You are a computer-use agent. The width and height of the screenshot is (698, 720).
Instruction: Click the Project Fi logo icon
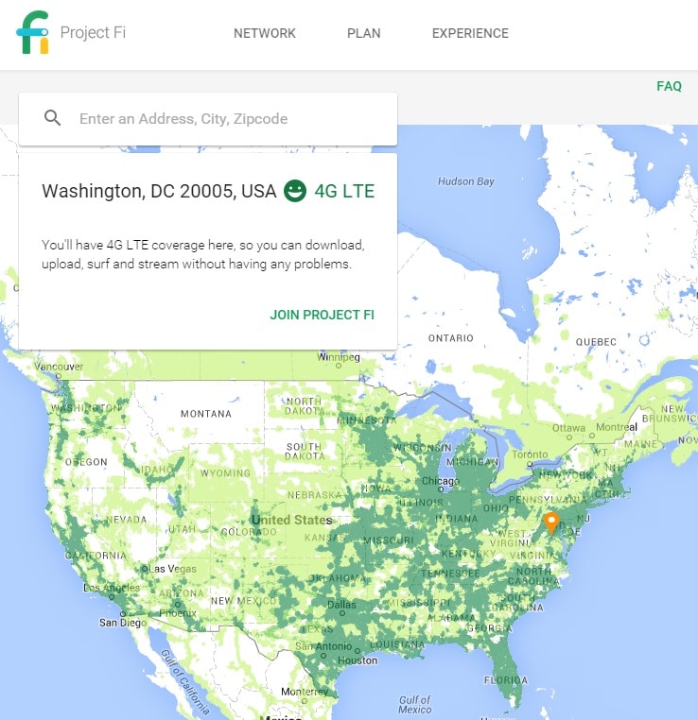click(x=32, y=33)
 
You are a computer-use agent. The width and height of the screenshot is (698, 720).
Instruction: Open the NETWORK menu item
click(x=265, y=33)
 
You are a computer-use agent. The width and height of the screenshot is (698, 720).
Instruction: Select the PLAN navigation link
click(x=364, y=33)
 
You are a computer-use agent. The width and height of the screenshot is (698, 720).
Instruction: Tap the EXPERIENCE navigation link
click(x=470, y=33)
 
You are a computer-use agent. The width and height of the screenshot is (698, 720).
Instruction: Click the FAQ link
click(x=669, y=86)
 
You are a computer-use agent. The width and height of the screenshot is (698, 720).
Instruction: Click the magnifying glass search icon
click(x=53, y=118)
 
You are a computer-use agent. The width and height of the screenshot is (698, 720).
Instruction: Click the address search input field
click(x=227, y=119)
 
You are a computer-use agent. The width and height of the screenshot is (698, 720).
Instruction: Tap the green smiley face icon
click(x=295, y=191)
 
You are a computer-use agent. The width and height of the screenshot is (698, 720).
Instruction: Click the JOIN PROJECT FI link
click(x=322, y=315)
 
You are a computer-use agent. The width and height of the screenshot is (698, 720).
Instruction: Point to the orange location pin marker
click(x=551, y=522)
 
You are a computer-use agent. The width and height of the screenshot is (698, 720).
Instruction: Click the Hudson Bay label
click(x=466, y=181)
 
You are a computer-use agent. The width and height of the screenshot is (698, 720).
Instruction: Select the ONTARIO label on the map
click(x=450, y=337)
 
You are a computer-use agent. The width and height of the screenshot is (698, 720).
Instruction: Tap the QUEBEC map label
click(x=596, y=341)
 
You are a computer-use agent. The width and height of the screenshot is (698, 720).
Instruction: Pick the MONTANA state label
click(x=205, y=414)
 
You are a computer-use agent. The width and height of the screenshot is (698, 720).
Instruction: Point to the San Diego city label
click(x=123, y=623)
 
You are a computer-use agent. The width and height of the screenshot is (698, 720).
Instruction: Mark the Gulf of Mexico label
click(x=415, y=705)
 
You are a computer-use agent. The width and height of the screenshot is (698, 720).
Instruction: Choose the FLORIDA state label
click(x=506, y=680)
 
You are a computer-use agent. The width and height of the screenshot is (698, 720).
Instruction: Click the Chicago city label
click(x=440, y=481)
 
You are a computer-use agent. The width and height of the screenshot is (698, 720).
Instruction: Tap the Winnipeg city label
click(x=339, y=358)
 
